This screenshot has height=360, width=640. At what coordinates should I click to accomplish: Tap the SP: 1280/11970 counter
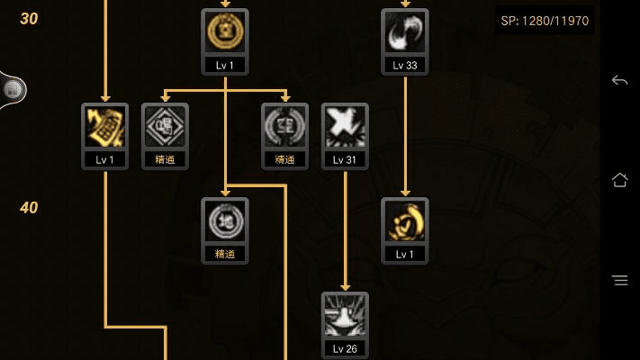tap(545, 20)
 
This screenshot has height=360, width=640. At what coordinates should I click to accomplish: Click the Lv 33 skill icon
tap(405, 33)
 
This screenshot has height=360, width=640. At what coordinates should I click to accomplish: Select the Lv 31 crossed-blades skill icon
tap(345, 127)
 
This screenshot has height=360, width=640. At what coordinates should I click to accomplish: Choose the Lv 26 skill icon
tap(345, 316)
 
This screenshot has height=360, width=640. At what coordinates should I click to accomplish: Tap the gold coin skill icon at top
tap(225, 33)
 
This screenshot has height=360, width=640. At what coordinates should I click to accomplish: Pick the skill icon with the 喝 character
tap(165, 127)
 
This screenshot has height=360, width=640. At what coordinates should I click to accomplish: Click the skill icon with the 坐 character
tap(284, 127)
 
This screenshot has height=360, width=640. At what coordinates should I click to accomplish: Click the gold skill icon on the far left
tap(104, 127)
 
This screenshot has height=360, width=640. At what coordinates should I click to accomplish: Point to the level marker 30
tap(29, 19)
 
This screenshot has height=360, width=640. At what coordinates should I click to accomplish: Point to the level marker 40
tap(29, 208)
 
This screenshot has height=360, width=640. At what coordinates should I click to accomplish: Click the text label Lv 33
tap(405, 66)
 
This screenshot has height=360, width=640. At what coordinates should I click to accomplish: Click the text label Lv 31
tap(345, 159)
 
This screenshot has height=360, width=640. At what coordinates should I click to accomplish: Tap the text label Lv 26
tap(345, 348)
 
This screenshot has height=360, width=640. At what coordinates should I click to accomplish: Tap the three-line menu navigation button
tap(619, 280)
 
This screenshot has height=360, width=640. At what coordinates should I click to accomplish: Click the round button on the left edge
tap(12, 89)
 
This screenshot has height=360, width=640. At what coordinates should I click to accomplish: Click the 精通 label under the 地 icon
tap(225, 254)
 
